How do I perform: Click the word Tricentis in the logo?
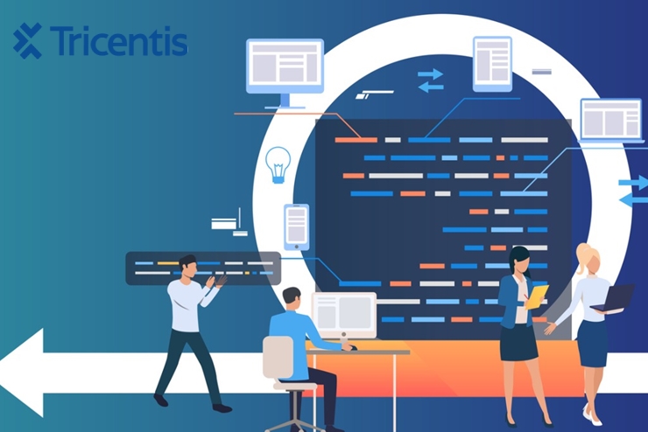[118, 40]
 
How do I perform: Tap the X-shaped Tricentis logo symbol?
[28, 40]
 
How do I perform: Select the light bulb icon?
[278, 164]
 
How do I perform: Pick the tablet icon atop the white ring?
[491, 63]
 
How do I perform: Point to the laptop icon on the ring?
[610, 121]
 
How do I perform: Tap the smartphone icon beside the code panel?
[296, 226]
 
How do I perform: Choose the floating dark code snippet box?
[202, 268]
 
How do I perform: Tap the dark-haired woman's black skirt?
[518, 342]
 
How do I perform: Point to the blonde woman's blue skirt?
[592, 344]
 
